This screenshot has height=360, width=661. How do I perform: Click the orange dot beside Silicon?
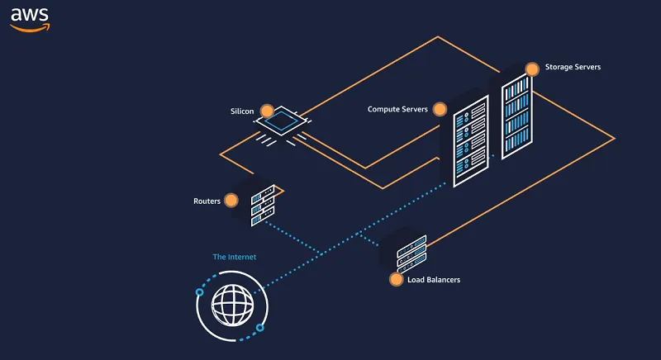pyautogui.click(x=267, y=110)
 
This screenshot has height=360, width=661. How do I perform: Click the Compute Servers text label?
pyautogui.click(x=397, y=109)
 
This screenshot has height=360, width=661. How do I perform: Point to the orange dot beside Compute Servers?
pyautogui.click(x=440, y=109)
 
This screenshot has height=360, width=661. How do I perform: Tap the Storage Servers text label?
pyautogui.click(x=573, y=67)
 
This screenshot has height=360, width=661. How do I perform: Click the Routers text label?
pyautogui.click(x=207, y=201)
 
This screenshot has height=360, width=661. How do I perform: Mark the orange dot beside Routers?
pyautogui.click(x=231, y=200)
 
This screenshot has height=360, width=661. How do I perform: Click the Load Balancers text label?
pyautogui.click(x=434, y=280)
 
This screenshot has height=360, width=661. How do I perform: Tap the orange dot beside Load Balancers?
pyautogui.click(x=396, y=280)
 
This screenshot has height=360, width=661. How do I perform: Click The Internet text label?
pyautogui.click(x=235, y=257)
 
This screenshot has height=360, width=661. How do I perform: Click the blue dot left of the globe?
pyautogui.click(x=199, y=292)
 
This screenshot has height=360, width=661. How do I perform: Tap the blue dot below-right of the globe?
pyautogui.click(x=259, y=328)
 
